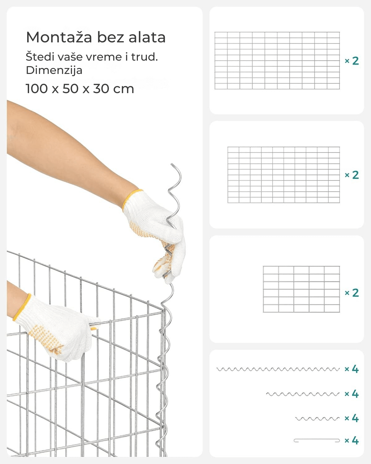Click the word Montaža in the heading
click(59, 37)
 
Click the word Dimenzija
click(54, 70)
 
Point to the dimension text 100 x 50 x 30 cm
click(80, 88)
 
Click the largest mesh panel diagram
click(277, 61)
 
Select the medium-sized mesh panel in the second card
click(284, 175)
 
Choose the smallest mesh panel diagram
click(301, 289)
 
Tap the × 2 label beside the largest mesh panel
click(352, 61)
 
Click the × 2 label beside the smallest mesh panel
click(352, 293)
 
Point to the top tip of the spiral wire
click(172, 164)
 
